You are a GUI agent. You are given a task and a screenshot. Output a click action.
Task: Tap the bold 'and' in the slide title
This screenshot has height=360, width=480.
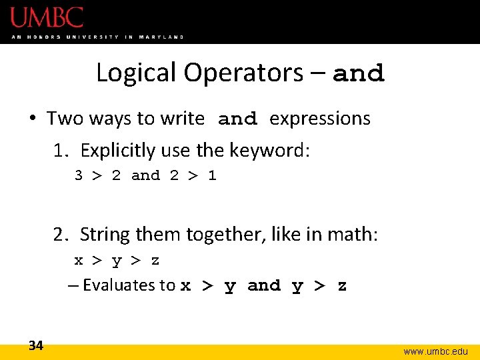(359, 73)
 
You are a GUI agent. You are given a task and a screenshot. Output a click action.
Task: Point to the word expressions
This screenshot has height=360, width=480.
(320, 119)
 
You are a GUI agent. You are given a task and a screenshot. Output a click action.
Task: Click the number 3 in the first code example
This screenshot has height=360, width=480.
(79, 176)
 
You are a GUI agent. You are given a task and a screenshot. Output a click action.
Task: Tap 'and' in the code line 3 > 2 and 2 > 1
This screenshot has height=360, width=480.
(146, 176)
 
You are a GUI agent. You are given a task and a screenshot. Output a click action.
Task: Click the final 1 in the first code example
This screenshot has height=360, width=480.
(212, 176)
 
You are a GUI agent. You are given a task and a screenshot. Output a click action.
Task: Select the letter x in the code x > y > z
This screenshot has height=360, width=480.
(79, 261)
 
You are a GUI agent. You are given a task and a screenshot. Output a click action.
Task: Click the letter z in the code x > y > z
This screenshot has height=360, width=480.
(155, 261)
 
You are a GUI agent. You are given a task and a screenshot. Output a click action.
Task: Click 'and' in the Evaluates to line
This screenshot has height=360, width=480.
(264, 286)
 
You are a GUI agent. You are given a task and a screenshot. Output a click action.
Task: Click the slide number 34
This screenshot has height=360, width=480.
(36, 345)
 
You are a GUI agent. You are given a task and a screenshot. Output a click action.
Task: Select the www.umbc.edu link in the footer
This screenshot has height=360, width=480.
(436, 351)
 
